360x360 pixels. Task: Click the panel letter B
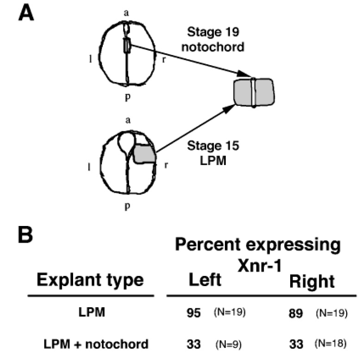[x=26, y=237]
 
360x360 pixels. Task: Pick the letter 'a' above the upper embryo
[x=126, y=12]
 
